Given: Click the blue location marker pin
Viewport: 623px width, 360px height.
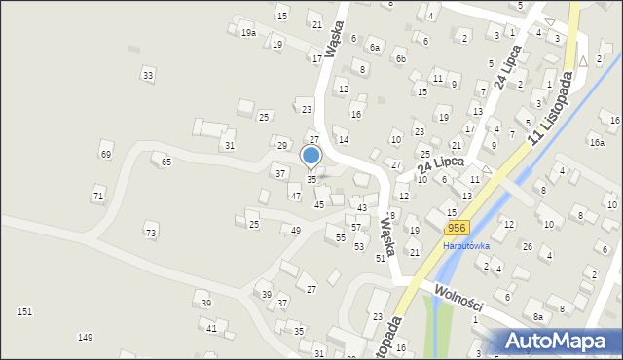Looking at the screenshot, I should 311,156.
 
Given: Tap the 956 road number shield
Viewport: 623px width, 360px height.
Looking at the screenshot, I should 457,228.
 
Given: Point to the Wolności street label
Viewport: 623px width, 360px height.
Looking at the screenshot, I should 454,293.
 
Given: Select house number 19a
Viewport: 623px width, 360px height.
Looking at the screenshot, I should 249,33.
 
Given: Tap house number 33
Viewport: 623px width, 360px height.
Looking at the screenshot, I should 148,75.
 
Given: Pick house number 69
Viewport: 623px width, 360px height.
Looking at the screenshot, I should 106,155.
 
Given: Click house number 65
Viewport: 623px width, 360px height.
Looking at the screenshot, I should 166,162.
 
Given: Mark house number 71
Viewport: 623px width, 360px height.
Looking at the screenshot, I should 98,197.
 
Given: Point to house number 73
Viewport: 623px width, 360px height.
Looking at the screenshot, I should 150,234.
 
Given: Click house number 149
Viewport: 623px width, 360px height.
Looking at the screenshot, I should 86,337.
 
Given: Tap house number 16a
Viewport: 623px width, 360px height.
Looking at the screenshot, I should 596,143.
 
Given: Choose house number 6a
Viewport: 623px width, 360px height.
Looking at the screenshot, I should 374,47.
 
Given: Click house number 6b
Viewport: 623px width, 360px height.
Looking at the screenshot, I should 399,58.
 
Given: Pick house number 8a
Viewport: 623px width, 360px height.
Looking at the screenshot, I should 537,317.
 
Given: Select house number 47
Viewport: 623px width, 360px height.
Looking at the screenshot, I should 296,197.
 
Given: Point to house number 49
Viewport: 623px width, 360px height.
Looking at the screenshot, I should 295,231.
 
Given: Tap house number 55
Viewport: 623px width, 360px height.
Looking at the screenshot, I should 341,238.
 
